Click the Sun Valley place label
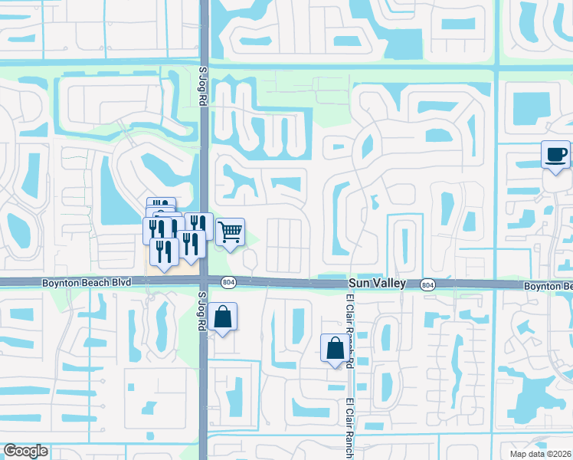coord(378,284)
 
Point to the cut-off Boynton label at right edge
coord(548,286)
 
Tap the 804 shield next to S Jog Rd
coord(228,282)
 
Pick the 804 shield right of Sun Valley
coord(427,284)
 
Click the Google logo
coord(25,451)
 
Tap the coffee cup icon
coord(555,155)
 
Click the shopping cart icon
coord(230,232)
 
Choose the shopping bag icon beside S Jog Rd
coord(222,316)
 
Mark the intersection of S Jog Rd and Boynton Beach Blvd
coord(204,283)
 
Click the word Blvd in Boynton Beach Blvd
coord(119,283)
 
